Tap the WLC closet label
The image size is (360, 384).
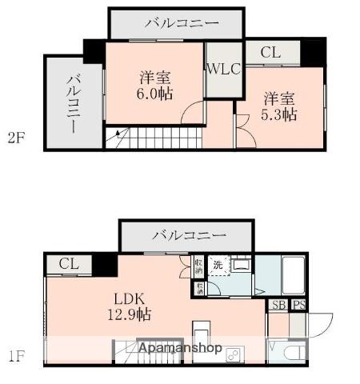click(223, 69)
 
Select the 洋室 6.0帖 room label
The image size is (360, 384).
click(154, 86)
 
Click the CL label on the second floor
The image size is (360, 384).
click(270, 54)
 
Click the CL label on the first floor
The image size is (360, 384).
click(69, 264)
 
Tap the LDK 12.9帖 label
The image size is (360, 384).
click(127, 306)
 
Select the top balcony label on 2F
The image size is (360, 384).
click(181, 23)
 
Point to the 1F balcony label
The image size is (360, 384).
click(189, 236)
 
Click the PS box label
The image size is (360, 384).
click(298, 305)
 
